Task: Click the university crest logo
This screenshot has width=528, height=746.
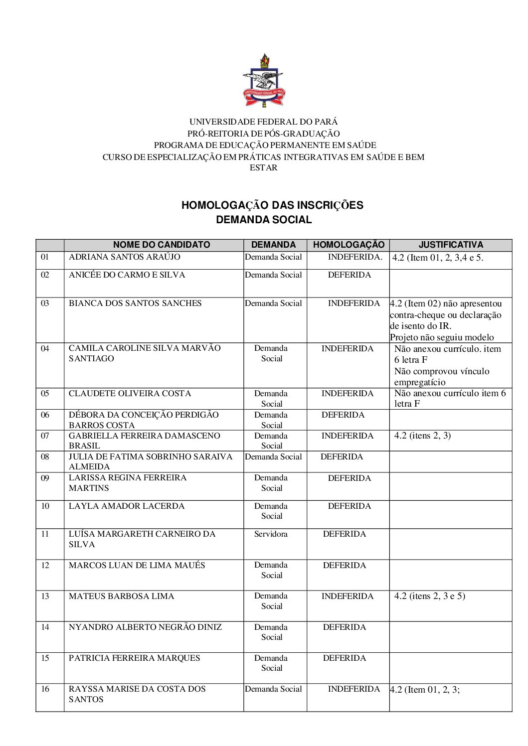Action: [264, 81]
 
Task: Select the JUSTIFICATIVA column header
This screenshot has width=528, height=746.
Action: [451, 245]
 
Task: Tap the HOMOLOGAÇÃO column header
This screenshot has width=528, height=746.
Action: [349, 245]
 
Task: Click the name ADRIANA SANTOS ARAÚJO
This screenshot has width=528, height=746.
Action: [125, 257]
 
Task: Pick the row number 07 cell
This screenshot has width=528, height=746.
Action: [45, 436]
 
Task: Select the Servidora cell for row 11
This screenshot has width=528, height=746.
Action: [271, 534]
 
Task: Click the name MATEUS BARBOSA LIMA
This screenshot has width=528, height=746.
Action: [122, 597]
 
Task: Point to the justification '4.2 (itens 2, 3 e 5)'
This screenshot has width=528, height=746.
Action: [429, 596]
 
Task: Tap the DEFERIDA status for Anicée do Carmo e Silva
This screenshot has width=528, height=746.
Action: [349, 275]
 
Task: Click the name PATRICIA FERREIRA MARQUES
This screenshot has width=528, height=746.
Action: [135, 658]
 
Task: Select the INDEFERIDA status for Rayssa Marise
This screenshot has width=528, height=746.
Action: [353, 689]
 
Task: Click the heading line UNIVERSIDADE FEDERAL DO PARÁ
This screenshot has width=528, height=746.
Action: [263, 122]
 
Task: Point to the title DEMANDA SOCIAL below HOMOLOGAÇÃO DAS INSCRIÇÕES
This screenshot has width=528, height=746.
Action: [264, 220]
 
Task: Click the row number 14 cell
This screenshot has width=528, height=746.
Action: [45, 627]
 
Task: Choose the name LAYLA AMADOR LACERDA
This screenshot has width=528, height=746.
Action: [127, 506]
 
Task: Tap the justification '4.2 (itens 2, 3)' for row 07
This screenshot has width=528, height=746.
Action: [422, 436]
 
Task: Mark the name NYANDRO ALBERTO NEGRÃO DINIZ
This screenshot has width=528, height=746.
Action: [146, 627]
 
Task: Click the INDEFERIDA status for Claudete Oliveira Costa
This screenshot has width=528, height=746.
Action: [347, 394]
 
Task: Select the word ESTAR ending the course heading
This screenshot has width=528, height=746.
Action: [263, 168]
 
